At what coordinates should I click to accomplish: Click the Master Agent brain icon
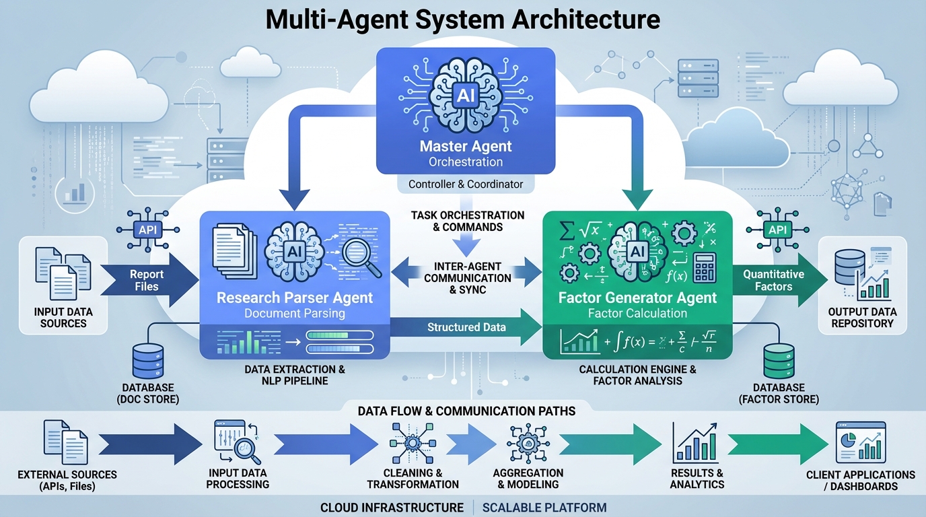[465, 96]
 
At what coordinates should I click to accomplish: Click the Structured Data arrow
[464, 328]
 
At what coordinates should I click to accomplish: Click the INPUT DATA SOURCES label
[63, 318]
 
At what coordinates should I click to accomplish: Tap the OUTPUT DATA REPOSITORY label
[863, 318]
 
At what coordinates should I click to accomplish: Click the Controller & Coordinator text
[466, 184]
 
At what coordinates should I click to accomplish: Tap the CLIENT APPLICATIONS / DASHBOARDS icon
[860, 443]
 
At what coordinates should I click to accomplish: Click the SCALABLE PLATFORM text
[544, 508]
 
